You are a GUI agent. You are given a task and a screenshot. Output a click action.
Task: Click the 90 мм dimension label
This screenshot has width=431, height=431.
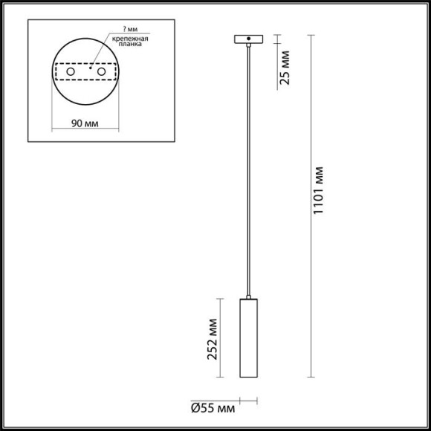[86, 123]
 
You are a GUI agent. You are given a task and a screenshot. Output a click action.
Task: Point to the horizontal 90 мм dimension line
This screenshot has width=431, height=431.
[86, 131]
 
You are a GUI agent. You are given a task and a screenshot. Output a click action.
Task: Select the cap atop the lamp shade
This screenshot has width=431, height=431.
[247, 297]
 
